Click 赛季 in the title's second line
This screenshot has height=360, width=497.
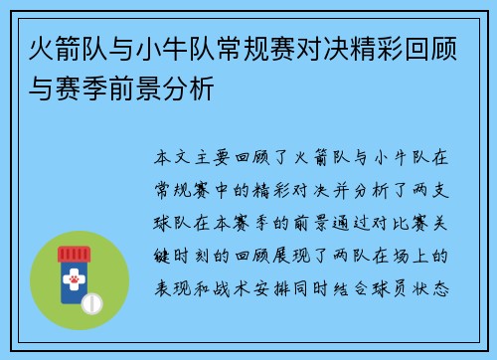pos(81,89)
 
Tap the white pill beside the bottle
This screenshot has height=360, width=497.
pos(91,300)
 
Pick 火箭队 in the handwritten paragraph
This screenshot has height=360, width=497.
pos(330,157)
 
